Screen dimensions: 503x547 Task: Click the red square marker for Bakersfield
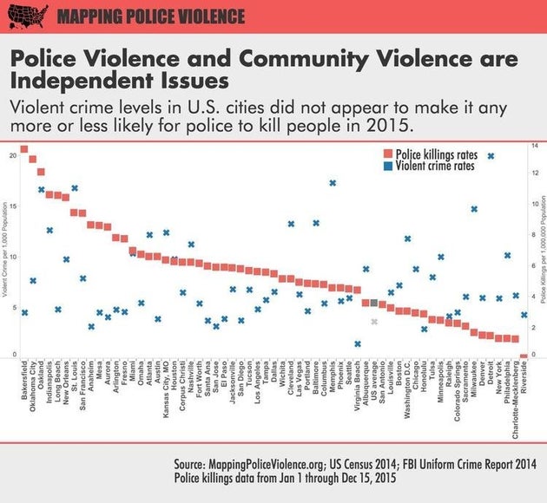(24, 149)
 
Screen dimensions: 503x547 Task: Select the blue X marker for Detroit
(491, 156)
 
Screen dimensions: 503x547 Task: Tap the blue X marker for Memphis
(333, 183)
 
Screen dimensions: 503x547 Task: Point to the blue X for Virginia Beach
(357, 343)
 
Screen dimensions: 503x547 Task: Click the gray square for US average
(374, 303)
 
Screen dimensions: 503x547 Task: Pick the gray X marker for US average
(374, 322)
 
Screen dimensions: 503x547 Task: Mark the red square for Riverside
(524, 356)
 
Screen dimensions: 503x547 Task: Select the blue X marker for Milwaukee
(474, 209)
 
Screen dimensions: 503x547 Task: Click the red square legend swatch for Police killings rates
(388, 154)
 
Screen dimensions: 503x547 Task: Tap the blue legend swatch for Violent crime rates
(388, 167)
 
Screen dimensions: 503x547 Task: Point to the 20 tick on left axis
(12, 155)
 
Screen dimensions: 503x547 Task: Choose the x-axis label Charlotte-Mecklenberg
(516, 400)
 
